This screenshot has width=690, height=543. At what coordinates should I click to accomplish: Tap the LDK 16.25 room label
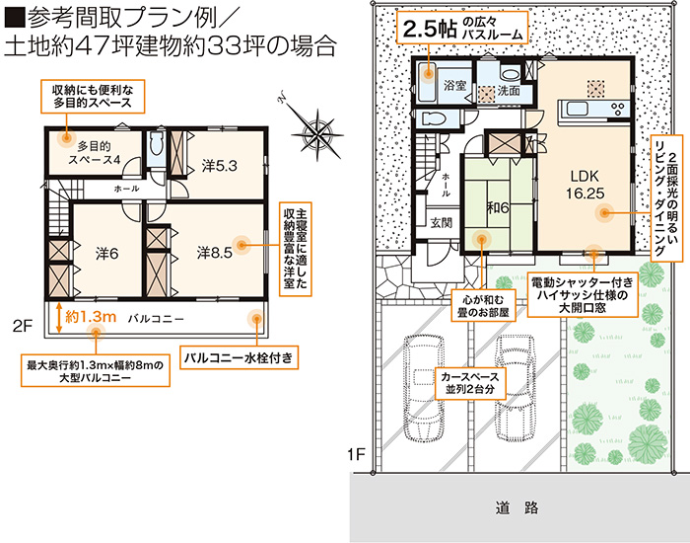pyautogui.click(x=585, y=185)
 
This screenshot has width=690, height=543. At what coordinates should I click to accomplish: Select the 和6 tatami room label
pyautogui.click(x=498, y=207)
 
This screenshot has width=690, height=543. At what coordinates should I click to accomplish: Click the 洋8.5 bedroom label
pyautogui.click(x=214, y=253)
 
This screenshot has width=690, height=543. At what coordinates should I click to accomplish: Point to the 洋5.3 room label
pyautogui.click(x=220, y=166)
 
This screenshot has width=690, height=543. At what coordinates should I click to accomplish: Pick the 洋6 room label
pyautogui.click(x=106, y=254)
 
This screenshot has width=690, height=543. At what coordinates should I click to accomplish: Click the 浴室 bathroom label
pyautogui.click(x=454, y=85)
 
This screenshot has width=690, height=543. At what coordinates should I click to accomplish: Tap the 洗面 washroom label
pyautogui.click(x=509, y=91)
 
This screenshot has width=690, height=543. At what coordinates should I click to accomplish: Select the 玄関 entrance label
pyautogui.click(x=441, y=222)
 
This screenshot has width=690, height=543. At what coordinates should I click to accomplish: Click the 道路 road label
pyautogui.click(x=517, y=507)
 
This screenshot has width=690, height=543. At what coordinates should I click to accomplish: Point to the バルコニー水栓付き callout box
pyautogui.click(x=239, y=357)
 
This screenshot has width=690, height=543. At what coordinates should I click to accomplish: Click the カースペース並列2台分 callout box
pyautogui.click(x=470, y=383)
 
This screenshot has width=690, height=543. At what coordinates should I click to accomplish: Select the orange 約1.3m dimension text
pyautogui.click(x=91, y=317)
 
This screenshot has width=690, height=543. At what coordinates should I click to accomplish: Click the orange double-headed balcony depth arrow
pyautogui.click(x=58, y=317)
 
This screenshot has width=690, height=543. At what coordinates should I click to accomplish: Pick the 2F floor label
pyautogui.click(x=23, y=326)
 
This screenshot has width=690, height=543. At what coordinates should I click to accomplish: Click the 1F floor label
pyautogui.click(x=357, y=454)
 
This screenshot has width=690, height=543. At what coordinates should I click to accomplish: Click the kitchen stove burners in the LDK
pyautogui.click(x=618, y=109)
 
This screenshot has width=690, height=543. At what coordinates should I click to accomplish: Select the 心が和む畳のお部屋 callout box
pyautogui.click(x=483, y=306)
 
